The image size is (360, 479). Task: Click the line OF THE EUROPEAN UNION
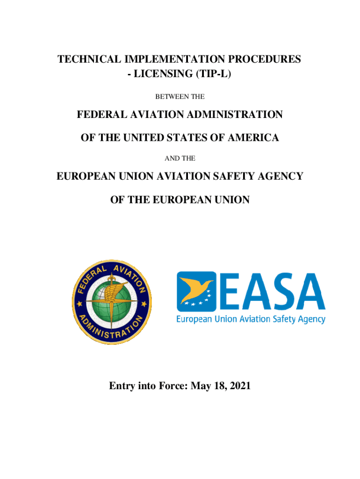click(180, 200)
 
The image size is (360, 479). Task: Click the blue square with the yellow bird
click(196, 291)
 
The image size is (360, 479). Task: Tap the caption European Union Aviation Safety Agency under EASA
click(251, 319)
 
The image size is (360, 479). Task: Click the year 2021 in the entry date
click(238, 386)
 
